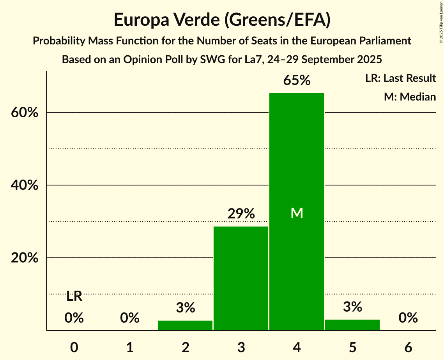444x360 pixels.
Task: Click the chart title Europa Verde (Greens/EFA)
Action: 222,20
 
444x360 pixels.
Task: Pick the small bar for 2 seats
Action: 185,325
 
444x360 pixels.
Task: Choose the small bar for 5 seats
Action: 352,325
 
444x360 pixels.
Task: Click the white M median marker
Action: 297,213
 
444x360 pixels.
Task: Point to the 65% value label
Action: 297,81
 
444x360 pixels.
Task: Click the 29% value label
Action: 241,214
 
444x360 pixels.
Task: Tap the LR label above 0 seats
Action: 74,296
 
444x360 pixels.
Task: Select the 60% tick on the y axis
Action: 24,113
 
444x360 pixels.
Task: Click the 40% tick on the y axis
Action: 24,185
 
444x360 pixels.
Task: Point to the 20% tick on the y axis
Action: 24,258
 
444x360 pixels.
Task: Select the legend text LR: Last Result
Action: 400,78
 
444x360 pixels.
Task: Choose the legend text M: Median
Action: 410,97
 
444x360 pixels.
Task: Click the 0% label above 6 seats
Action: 408,318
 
